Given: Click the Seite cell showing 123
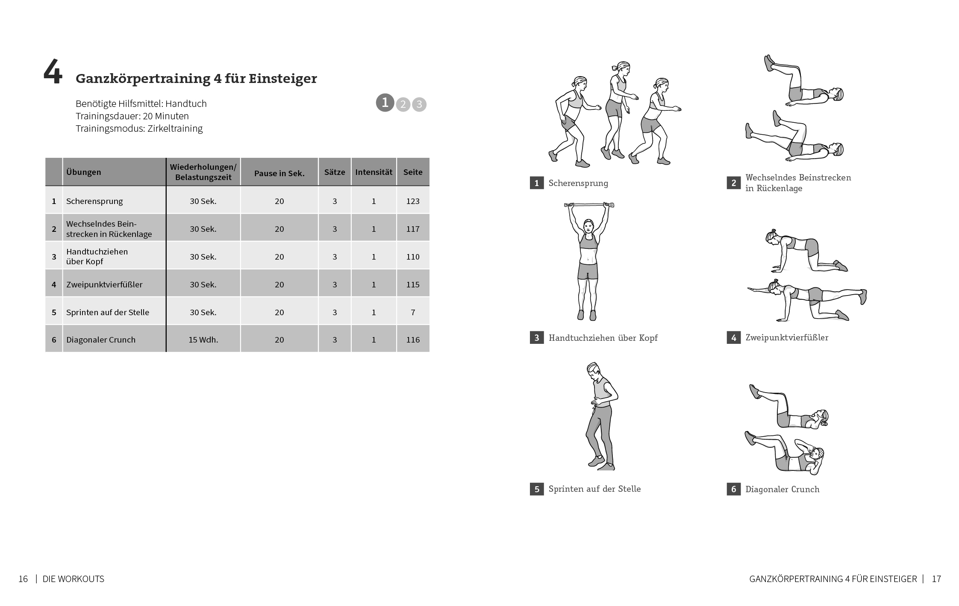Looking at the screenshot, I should tap(413, 201).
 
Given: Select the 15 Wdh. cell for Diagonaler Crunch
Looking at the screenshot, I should tap(203, 340).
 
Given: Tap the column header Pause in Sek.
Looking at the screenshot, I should tap(279, 173).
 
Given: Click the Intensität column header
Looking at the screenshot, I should tap(374, 172).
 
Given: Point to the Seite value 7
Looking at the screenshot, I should tap(413, 312).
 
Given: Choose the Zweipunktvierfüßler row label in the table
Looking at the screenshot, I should tap(104, 284).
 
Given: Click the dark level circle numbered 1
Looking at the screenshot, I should tap(385, 103).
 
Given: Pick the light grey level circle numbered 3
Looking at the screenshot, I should tap(419, 104).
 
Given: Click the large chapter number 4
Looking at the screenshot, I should tap(53, 73).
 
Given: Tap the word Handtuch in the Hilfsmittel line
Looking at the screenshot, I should tap(186, 103).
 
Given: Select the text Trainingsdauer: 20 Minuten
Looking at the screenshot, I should tap(132, 116).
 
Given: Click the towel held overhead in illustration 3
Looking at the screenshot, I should tap(589, 205).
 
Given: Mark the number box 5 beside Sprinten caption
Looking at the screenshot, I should tap(537, 489).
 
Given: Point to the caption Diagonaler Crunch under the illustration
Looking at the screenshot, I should tap(782, 489).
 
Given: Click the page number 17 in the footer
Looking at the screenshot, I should tap(936, 579).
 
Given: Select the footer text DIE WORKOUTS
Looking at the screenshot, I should tap(74, 579).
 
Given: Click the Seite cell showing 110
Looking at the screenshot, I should tap(413, 257).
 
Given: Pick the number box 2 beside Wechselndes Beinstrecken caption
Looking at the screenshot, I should tap(733, 183).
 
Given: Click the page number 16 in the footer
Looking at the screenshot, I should tap(23, 579).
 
